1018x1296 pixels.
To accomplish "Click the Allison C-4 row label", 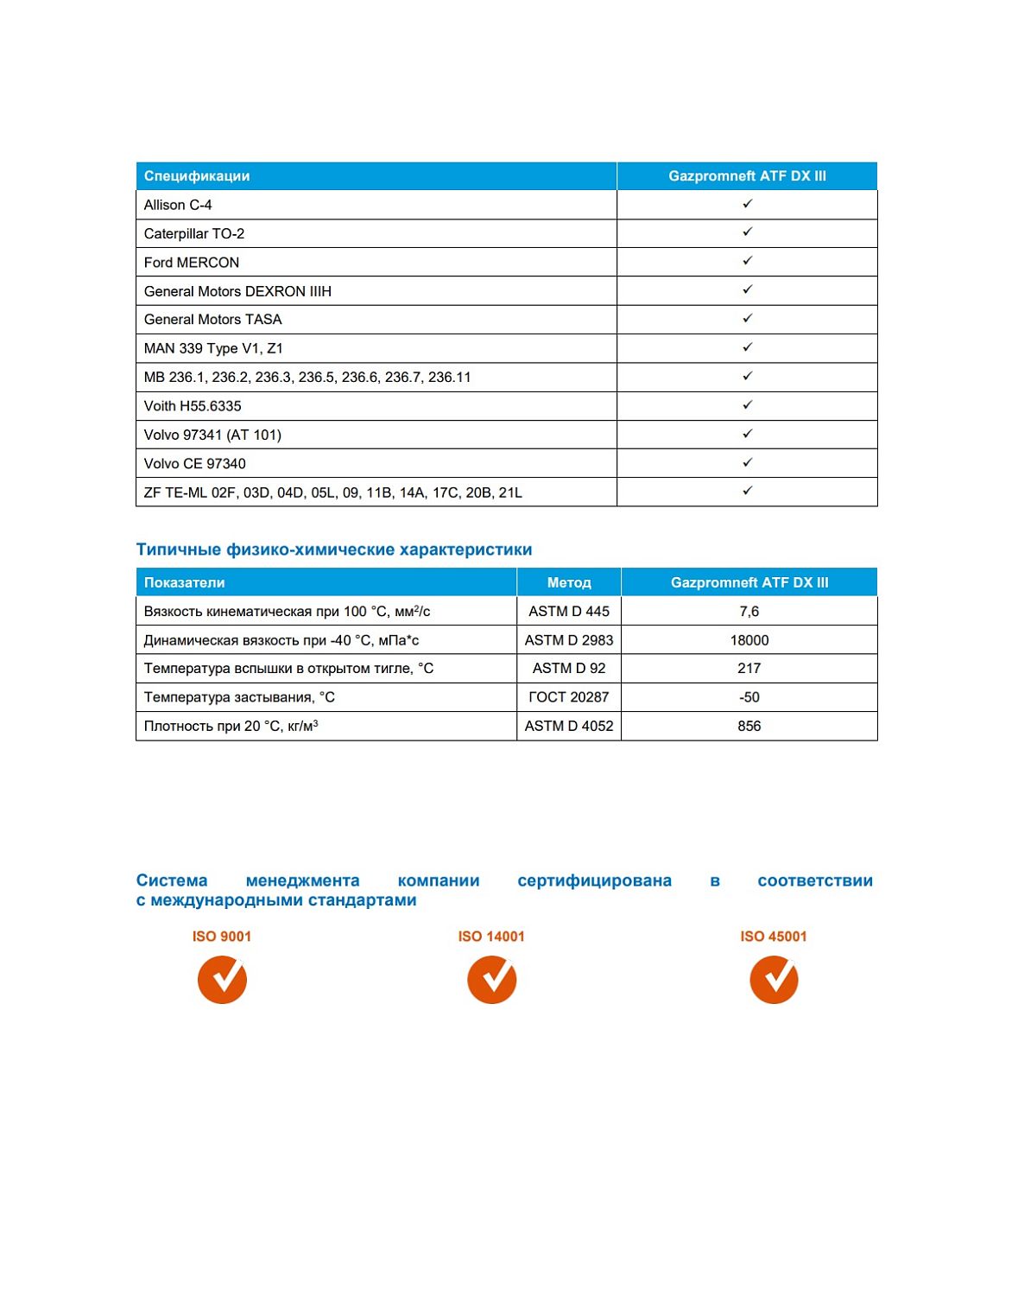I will (x=178, y=205).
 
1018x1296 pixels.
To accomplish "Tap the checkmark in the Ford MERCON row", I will (x=747, y=261).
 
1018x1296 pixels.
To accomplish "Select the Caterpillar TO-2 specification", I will (x=194, y=233).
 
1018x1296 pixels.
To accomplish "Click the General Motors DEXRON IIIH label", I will (x=237, y=291).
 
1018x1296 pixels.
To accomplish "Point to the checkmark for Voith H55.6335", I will (x=747, y=405).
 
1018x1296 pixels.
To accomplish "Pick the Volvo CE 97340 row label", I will (x=195, y=464).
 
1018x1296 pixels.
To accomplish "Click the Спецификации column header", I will (x=197, y=176).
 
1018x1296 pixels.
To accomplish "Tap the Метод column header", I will (x=569, y=582).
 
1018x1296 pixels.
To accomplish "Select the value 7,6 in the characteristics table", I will (x=749, y=612).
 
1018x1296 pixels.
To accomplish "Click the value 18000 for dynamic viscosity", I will (x=749, y=640).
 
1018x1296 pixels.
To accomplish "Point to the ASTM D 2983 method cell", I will (x=569, y=640).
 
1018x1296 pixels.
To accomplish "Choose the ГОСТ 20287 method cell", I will (x=569, y=697).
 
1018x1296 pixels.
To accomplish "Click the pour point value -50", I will (x=749, y=697).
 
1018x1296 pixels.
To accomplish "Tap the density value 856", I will (x=749, y=726).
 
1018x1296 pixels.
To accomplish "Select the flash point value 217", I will (x=749, y=669).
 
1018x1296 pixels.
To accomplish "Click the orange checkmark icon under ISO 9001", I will (x=222, y=980).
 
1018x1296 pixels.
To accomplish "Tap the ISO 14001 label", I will (x=491, y=937).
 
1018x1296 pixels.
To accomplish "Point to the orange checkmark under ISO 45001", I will (x=774, y=980).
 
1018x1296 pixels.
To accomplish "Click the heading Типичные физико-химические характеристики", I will (x=334, y=550).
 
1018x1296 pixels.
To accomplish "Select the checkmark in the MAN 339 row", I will (x=747, y=347).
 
